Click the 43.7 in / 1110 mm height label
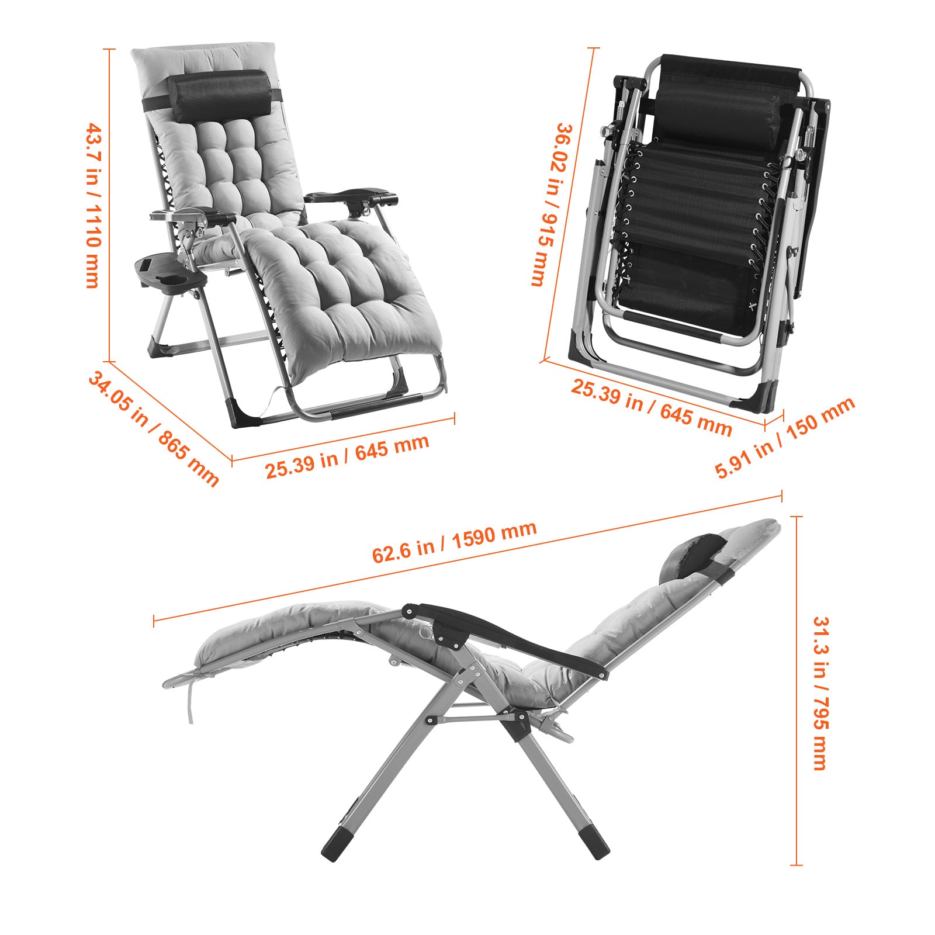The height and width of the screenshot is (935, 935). tap(93, 205)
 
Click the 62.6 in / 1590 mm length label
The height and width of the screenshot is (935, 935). tap(454, 542)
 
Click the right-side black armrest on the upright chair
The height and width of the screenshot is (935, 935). tap(351, 197)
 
